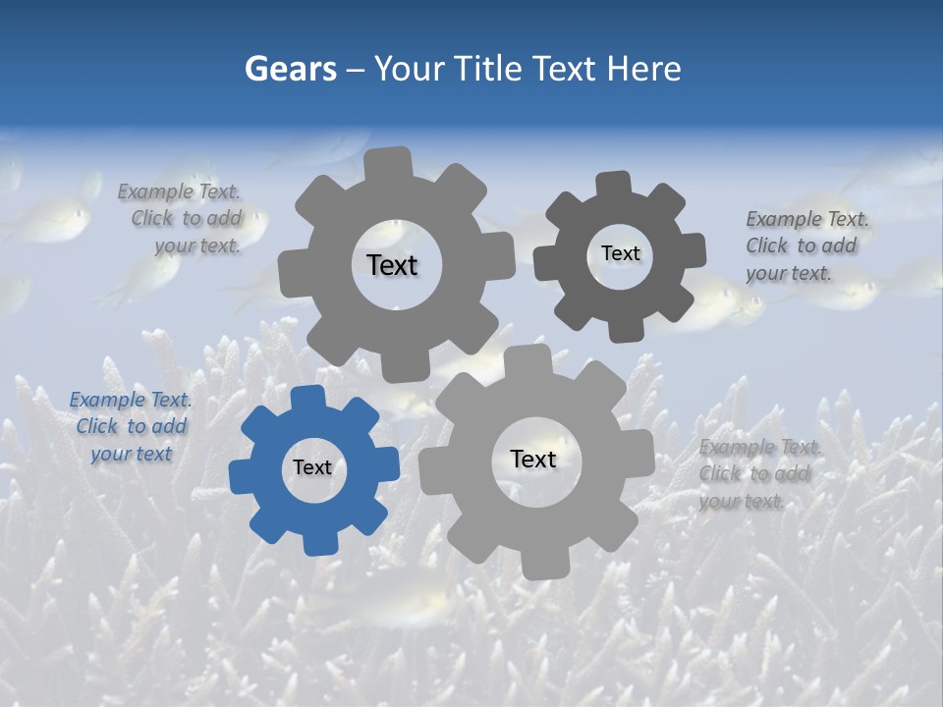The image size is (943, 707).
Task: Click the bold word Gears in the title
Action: [x=290, y=69]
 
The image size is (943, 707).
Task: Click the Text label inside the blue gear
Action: [x=312, y=467]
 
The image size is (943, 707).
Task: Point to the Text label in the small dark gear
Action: [x=620, y=253]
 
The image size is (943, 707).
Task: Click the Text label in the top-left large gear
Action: [x=392, y=265]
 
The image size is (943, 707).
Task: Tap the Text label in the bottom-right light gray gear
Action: [x=533, y=459]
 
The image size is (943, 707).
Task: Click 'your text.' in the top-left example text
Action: [x=198, y=245]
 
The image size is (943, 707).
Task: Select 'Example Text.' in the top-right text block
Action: [x=807, y=219]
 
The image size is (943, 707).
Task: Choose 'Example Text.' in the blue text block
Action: [x=131, y=400]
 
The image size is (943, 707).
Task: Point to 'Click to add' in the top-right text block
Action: [x=801, y=245]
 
